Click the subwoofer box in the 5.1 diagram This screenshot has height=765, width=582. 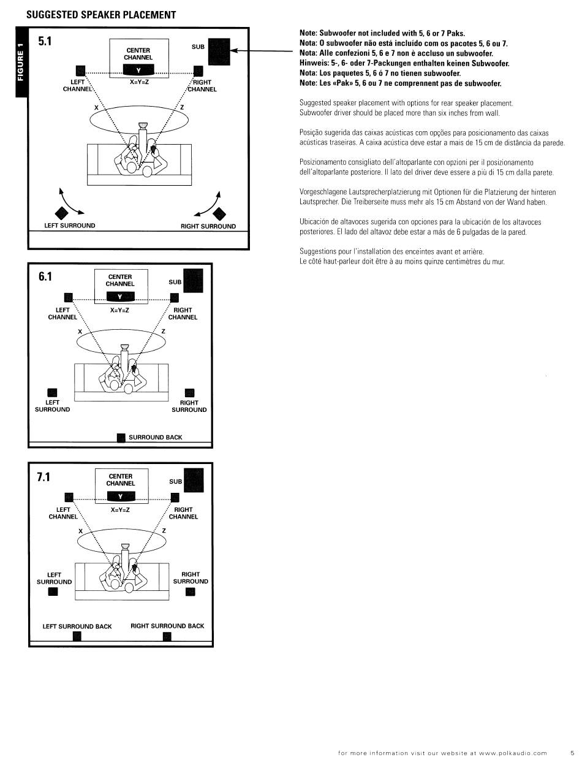click(219, 51)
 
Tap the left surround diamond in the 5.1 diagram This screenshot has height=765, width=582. click(61, 213)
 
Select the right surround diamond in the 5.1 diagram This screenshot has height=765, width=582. click(219, 214)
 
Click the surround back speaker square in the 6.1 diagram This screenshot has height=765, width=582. click(121, 438)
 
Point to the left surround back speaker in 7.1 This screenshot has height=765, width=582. click(77, 636)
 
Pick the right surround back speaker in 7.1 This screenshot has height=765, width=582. click(167, 636)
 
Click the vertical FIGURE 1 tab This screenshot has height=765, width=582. click(21, 62)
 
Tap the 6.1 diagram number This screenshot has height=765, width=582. click(45, 276)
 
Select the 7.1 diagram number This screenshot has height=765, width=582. click(43, 476)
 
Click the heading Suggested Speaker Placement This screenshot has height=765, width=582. click(101, 15)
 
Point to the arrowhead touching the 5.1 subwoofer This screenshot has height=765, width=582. click(233, 50)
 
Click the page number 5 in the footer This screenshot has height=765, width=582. click(572, 753)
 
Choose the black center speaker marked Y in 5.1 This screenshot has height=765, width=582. click(138, 70)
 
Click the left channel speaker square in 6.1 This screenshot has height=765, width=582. click(69, 297)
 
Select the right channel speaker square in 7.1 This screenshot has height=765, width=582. click(175, 497)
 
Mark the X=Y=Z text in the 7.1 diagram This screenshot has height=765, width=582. click(120, 509)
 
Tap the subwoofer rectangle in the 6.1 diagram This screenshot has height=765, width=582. click(194, 280)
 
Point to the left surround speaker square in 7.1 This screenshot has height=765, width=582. click(53, 592)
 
